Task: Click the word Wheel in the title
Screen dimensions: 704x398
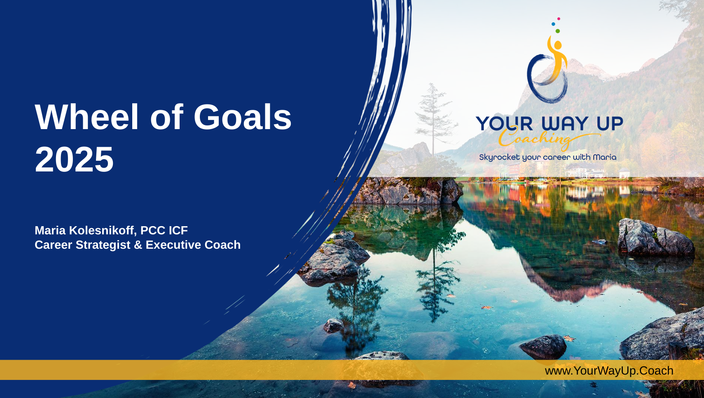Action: coord(87,117)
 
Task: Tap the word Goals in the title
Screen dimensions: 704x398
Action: coord(242,117)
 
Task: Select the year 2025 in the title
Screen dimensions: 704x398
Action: coord(74,160)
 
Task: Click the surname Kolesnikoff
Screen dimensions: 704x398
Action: coord(103,231)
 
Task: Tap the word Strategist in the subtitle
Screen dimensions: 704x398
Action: coord(103,245)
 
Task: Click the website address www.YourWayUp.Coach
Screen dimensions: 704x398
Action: coord(609,371)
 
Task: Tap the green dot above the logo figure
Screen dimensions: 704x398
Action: coord(558,31)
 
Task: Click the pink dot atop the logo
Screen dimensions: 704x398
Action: coord(559,19)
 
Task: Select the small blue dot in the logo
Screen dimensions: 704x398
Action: coord(553,24)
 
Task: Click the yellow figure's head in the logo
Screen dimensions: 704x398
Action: coord(558,45)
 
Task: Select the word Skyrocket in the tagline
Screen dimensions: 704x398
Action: coord(499,157)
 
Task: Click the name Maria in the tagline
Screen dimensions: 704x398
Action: coord(604,157)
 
